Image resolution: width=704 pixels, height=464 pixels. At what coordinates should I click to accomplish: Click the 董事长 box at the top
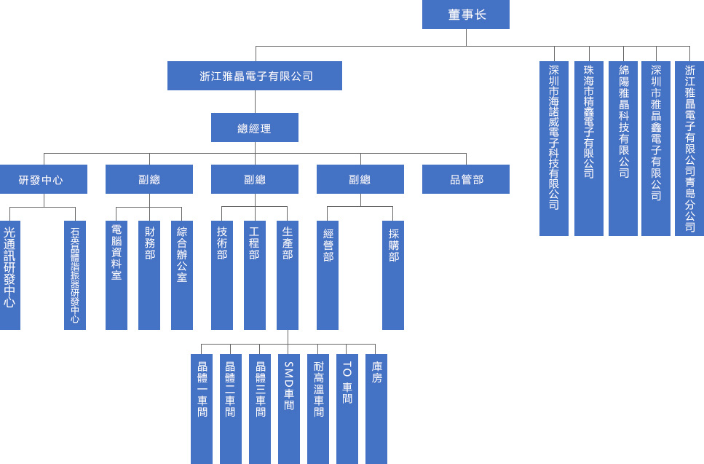pos(465,15)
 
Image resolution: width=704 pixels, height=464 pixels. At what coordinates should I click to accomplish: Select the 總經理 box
pos(254,128)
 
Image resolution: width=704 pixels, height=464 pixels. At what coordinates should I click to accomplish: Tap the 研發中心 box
pos(43,179)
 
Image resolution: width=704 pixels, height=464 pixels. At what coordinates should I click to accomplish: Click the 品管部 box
pos(465,179)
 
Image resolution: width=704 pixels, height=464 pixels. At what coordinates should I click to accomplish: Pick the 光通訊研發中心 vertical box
pos(9,275)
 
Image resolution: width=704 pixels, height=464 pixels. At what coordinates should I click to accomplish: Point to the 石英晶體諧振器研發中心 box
pos(75,275)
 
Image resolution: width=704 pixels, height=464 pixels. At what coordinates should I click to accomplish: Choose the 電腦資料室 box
pos(116,275)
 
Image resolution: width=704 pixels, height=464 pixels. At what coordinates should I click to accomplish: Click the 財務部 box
pos(149,275)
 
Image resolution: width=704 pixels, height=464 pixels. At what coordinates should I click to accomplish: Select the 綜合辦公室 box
pos(182,275)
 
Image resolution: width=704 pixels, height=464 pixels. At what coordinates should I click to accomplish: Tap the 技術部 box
pos(222,275)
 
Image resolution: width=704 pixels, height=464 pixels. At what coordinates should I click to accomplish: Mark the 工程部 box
pos(255,275)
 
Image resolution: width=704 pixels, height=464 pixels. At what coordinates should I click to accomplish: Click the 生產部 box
pos(288,275)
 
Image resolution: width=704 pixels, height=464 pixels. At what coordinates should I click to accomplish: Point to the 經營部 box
pos(328,275)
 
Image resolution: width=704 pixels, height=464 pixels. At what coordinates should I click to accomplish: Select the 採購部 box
pos(393,275)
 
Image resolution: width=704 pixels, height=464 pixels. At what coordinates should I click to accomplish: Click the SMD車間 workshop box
pos(289,409)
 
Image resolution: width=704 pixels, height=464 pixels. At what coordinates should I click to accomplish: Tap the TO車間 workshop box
pos(347,409)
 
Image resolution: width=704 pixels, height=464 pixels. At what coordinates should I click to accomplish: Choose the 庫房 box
pos(376,409)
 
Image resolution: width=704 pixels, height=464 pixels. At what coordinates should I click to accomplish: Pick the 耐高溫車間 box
pos(318,409)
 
